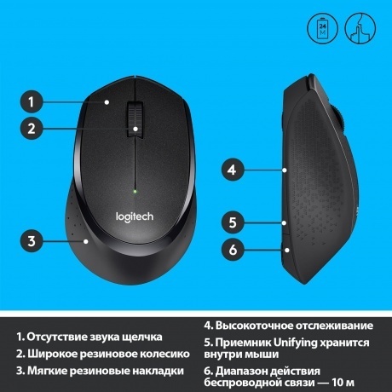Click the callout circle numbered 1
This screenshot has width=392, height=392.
31,102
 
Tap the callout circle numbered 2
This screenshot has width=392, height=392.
31,130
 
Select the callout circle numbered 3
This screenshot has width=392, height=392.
31,241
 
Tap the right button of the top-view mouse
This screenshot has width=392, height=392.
167,119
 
